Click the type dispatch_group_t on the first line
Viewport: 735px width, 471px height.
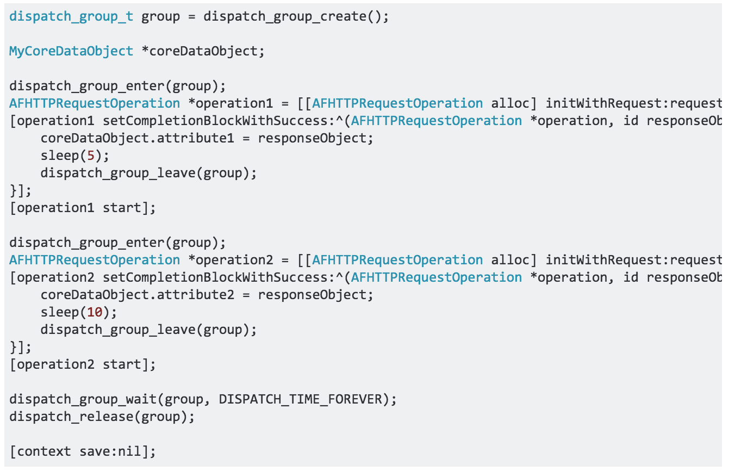coord(71,16)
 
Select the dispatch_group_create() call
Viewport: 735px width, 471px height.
coord(296,16)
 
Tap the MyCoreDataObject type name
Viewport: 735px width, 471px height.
coord(71,51)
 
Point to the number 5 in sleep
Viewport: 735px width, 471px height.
coord(91,156)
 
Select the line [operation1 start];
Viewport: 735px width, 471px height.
coord(83,208)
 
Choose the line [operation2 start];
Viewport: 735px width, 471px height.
coord(83,364)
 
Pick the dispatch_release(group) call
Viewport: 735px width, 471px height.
coord(102,417)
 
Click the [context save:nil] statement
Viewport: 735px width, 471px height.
coord(83,451)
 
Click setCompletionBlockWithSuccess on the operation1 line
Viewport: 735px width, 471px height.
coord(215,121)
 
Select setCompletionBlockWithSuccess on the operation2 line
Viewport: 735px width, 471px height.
coord(215,277)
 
